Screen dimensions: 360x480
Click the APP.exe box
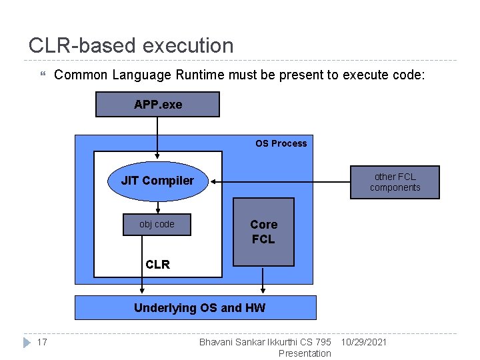157,105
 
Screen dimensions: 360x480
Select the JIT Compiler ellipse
158,181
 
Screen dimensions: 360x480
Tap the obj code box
157,225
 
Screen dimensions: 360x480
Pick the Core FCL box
263,231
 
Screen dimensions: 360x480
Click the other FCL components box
395,182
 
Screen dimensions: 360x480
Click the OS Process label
281,143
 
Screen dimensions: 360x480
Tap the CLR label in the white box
158,264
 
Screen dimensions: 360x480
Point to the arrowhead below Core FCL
263,290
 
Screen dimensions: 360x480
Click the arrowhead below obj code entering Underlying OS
142,290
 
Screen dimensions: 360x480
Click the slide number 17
42,343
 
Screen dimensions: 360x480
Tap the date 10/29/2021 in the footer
363,343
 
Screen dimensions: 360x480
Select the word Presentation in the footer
305,353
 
